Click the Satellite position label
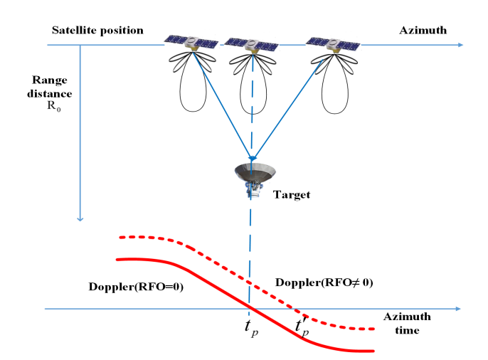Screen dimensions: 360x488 tap(97, 31)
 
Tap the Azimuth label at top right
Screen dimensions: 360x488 tap(423, 31)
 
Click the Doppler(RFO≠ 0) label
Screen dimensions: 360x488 tap(325, 282)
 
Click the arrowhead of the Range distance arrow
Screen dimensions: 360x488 tap(82, 218)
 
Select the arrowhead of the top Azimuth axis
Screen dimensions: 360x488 tap(460, 45)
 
